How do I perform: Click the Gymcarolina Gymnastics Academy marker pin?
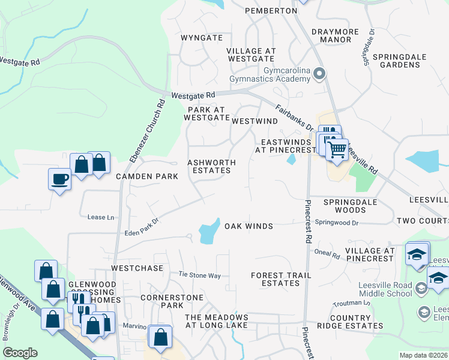[319, 74]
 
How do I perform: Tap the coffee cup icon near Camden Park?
[59, 179]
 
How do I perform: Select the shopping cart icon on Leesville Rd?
[337, 148]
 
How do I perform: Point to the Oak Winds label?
[249, 226]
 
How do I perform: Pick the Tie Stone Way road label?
[199, 275]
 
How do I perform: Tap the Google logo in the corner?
[20, 353]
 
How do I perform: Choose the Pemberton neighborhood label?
[271, 11]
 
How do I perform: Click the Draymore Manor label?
[335, 35]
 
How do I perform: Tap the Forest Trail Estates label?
[281, 279]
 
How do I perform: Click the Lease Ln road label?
[100, 217]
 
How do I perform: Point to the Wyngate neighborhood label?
[202, 38]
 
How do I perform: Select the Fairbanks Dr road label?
[295, 118]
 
